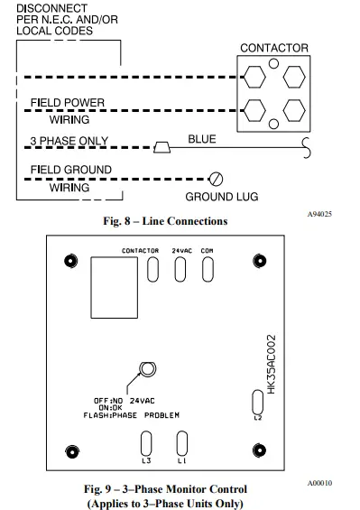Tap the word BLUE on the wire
coord(201,140)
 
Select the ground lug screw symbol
coord(216,178)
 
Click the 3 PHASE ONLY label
coord(69,142)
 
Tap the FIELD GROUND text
coord(70,170)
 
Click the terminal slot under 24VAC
coord(180,270)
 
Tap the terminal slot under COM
coord(208,270)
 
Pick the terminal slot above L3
coord(147,444)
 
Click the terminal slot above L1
coord(181,444)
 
